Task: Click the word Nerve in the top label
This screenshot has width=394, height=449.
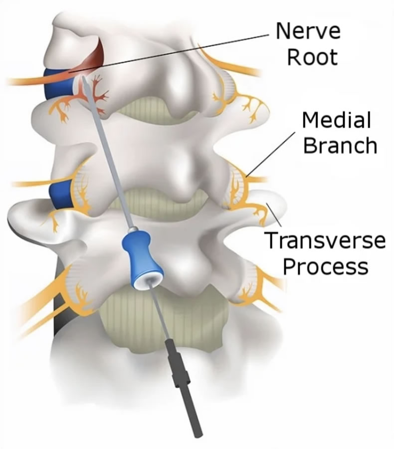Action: pyautogui.click(x=308, y=31)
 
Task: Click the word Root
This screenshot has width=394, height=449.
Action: pyautogui.click(x=313, y=57)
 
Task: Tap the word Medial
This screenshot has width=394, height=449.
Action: pyautogui.click(x=337, y=121)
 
